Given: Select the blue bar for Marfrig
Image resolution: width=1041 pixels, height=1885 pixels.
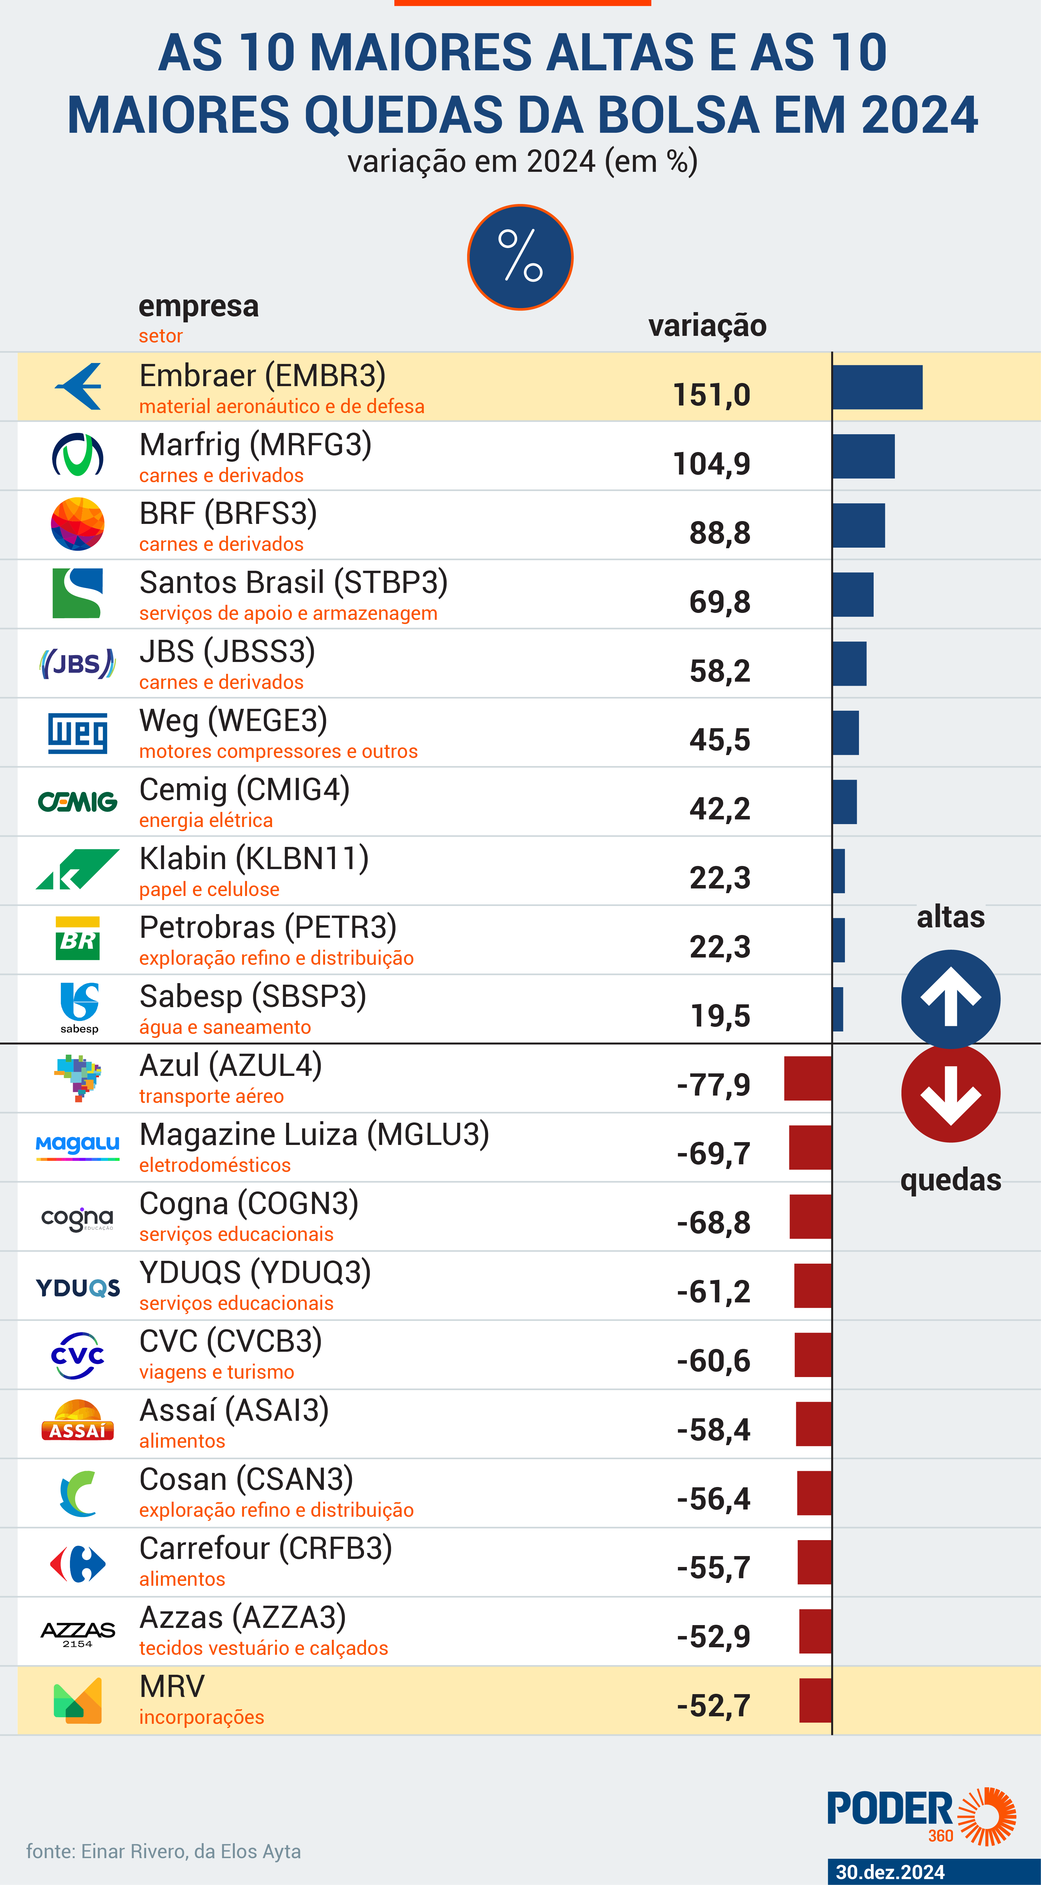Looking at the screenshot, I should [x=863, y=456].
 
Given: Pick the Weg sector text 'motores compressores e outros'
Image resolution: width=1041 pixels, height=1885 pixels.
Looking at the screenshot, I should [x=278, y=752].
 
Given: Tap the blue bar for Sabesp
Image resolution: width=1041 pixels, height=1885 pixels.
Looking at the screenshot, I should [x=838, y=1009].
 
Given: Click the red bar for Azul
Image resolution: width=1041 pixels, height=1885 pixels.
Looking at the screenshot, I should [x=808, y=1078].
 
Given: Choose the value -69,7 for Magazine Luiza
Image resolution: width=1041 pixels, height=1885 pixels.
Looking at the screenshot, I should [x=713, y=1154].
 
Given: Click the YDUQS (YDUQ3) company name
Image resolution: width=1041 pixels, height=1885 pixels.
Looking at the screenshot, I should [x=254, y=1272].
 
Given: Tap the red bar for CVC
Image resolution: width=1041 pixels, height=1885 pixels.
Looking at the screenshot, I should [x=813, y=1355].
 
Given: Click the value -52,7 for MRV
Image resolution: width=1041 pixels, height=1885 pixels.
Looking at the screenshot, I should [x=713, y=1706].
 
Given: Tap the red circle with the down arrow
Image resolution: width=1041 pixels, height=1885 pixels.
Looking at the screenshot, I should [x=950, y=1093].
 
